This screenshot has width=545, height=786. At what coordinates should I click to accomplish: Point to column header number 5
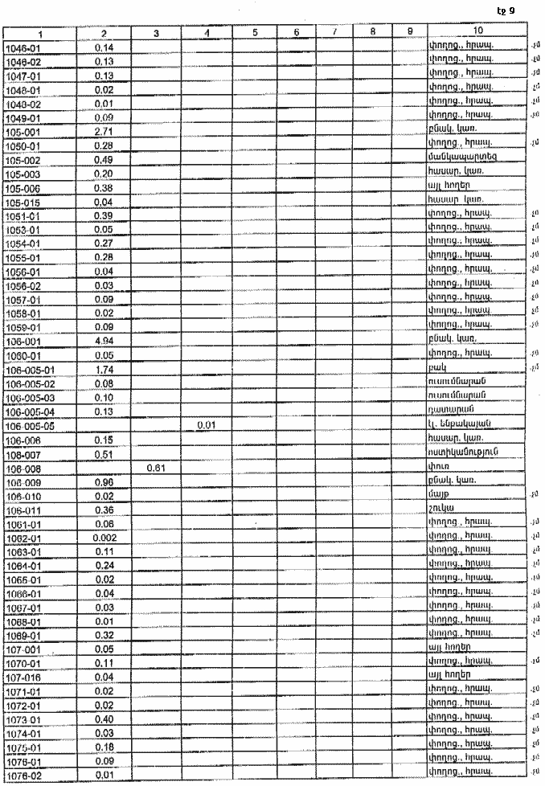[x=253, y=32]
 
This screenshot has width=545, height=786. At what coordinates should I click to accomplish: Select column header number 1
[x=39, y=33]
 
